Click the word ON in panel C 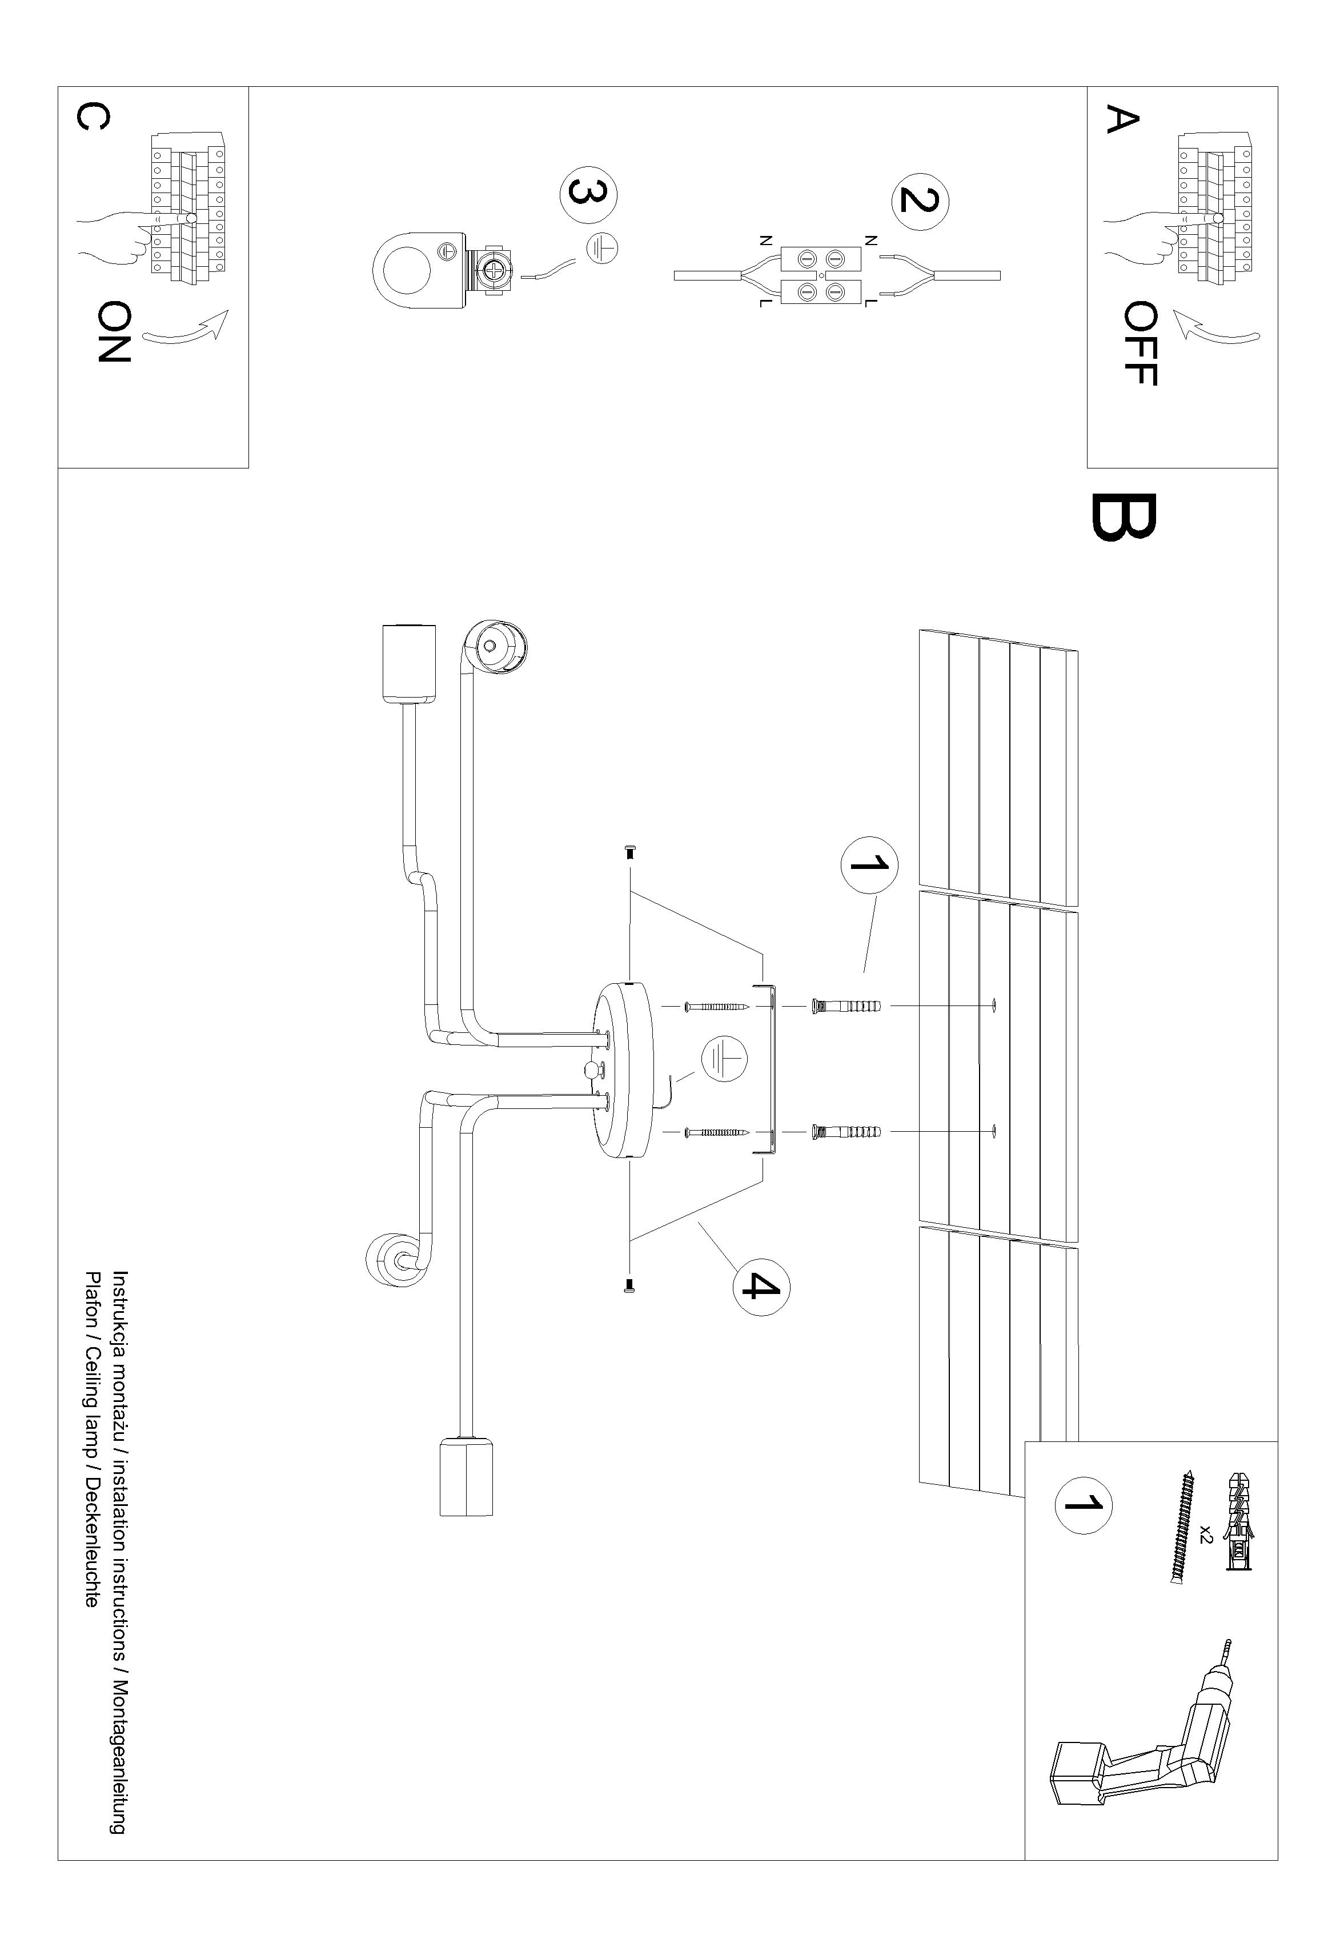pos(114,332)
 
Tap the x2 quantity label pos(1205,1534)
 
